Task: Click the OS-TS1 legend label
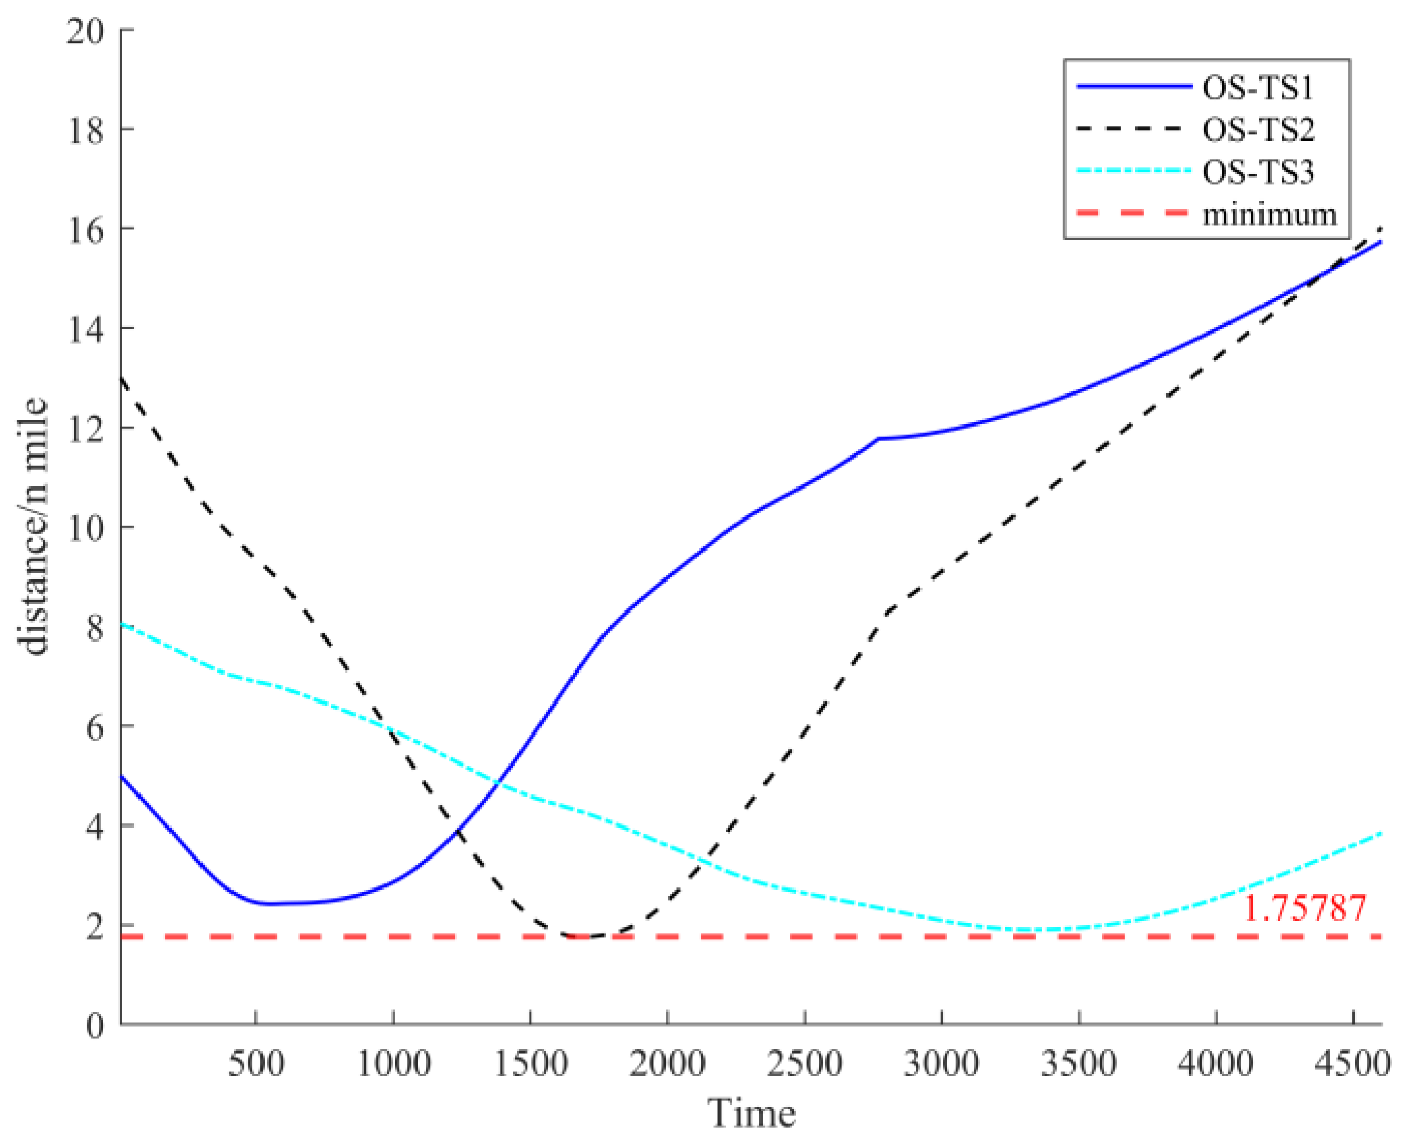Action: (x=1258, y=88)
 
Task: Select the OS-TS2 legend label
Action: (x=1258, y=130)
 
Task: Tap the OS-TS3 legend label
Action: (x=1258, y=172)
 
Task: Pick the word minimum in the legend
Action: (x=1269, y=214)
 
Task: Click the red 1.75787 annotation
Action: (x=1304, y=907)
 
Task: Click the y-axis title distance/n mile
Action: (x=33, y=526)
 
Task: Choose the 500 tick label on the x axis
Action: (x=256, y=1063)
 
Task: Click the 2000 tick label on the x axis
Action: (x=667, y=1063)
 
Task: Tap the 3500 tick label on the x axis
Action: (x=1078, y=1063)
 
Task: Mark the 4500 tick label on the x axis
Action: (x=1352, y=1063)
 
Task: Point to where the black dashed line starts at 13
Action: (x=121, y=377)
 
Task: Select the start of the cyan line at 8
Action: (x=121, y=624)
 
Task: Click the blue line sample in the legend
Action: (x=1133, y=86)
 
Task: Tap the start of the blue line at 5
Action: (x=121, y=776)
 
